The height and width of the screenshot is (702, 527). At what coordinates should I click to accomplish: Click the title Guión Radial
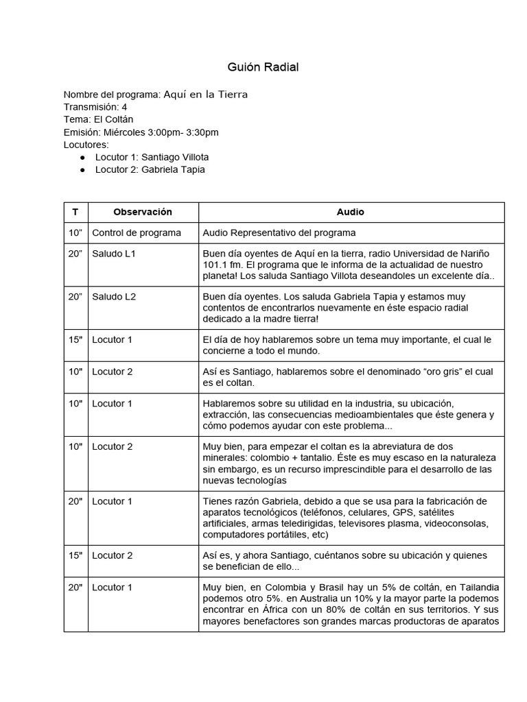point(263,67)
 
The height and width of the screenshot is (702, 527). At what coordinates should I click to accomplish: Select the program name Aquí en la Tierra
point(205,95)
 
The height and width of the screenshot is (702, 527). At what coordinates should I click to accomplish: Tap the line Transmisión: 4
point(95,107)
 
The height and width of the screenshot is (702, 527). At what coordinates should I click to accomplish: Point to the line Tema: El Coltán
point(98,119)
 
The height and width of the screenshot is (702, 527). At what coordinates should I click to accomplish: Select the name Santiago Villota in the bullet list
point(175,157)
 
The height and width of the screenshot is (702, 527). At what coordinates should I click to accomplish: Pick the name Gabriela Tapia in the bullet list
point(173,169)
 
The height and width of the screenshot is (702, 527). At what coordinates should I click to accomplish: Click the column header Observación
point(143,212)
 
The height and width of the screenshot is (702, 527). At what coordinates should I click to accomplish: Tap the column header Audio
point(351,212)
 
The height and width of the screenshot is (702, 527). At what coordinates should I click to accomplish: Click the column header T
point(75,212)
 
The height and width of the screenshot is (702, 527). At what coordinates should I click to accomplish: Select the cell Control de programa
point(137,232)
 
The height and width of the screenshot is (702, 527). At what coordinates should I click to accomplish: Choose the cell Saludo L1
point(114,254)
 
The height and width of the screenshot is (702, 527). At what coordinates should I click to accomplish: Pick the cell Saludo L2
point(114,296)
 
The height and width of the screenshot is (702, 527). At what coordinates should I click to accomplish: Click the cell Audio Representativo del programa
point(279,232)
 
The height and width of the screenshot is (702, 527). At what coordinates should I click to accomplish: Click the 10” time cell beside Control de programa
point(75,232)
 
